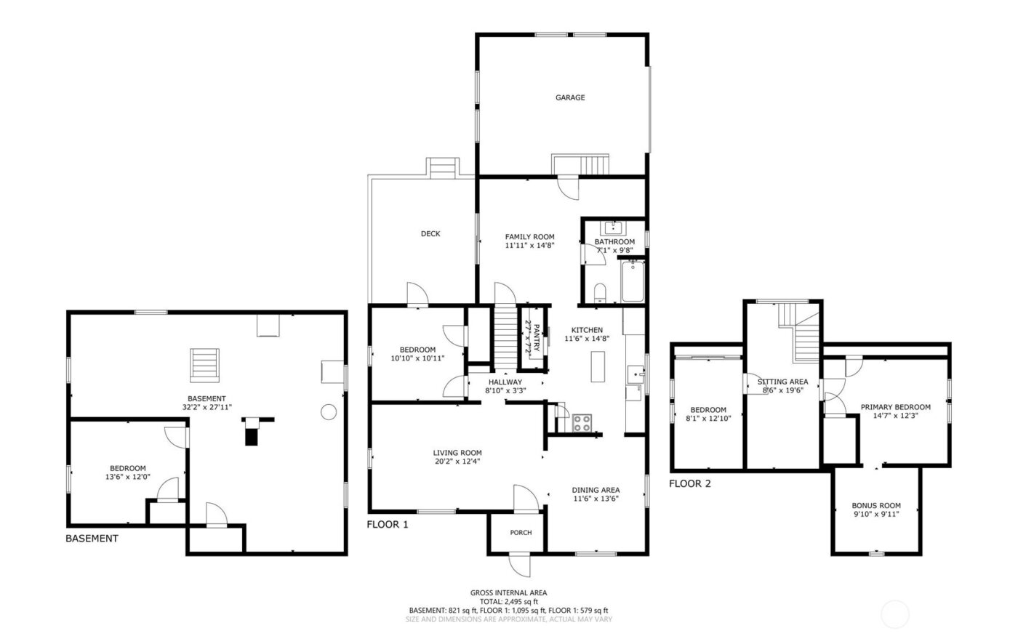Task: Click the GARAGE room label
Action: (x=570, y=97)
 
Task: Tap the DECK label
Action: (x=430, y=233)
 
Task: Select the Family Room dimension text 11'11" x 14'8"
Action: (x=530, y=246)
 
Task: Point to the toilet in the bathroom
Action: (x=600, y=293)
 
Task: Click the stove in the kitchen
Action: (x=582, y=423)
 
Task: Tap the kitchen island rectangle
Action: (x=598, y=366)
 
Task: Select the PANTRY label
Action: (x=537, y=338)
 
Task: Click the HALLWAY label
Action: (x=505, y=382)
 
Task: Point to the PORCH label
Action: (x=521, y=533)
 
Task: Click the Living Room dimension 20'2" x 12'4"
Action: (x=457, y=461)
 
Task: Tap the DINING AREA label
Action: (x=596, y=490)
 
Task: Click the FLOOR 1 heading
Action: (x=387, y=524)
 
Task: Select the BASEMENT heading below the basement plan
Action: (x=92, y=539)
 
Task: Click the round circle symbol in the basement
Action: (x=329, y=412)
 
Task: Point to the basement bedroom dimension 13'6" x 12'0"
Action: (x=128, y=478)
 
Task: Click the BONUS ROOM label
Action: (x=876, y=506)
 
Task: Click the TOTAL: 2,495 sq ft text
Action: (x=508, y=602)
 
